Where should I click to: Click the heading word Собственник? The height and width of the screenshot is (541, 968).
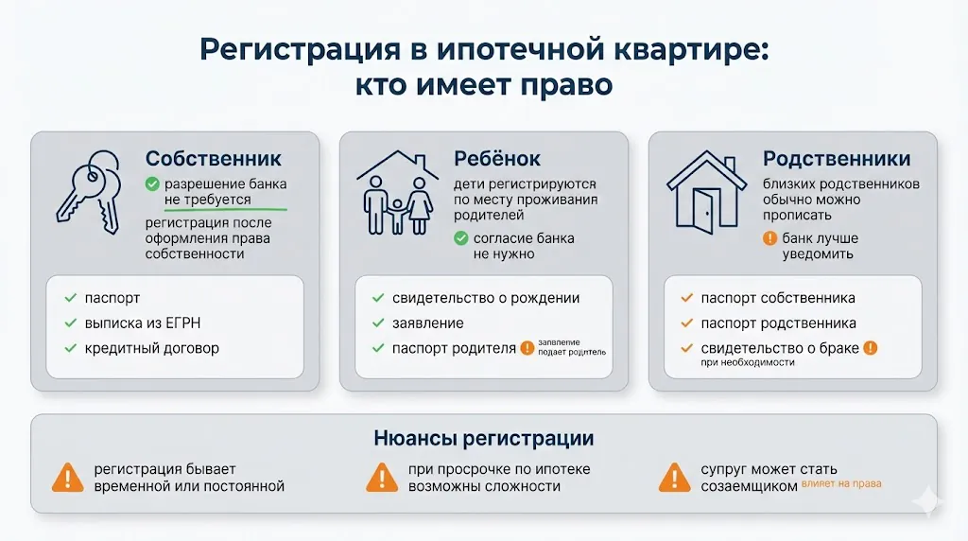pos(213,158)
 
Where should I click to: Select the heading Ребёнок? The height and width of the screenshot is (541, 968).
pos(497,158)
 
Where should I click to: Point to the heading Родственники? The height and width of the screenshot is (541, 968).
pos(837,158)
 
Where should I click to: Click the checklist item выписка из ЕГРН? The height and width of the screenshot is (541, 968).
pos(143,323)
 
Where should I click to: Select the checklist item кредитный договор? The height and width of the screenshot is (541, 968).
pos(152,348)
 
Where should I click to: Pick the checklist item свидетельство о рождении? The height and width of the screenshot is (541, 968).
pos(486,298)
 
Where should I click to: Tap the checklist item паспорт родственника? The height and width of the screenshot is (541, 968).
pos(778,323)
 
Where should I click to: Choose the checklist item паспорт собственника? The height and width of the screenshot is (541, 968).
pos(778,298)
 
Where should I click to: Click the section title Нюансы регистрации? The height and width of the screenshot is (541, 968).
pos(484,439)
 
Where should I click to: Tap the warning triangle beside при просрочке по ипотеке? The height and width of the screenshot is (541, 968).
pos(381,477)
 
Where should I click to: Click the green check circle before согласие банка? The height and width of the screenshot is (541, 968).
pos(460,238)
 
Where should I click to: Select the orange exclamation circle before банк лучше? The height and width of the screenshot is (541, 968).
pos(769,238)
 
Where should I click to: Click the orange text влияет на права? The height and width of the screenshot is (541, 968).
pos(841,483)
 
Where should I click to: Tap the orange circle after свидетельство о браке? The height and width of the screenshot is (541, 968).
pos(871,348)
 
